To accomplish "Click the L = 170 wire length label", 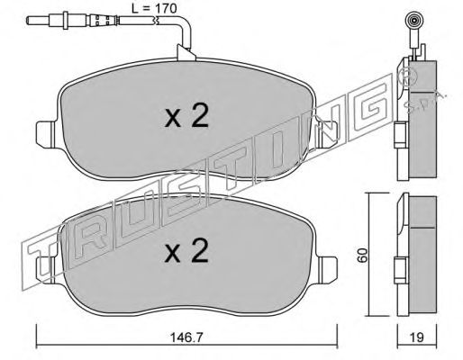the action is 154,8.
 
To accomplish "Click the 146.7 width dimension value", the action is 186,338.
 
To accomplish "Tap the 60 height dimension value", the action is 363,256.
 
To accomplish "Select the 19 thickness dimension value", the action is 417,337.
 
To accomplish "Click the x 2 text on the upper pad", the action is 186,117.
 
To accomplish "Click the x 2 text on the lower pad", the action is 186,251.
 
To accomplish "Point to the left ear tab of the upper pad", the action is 46,134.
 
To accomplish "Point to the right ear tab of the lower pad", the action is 327,270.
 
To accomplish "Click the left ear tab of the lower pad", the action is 46,270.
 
